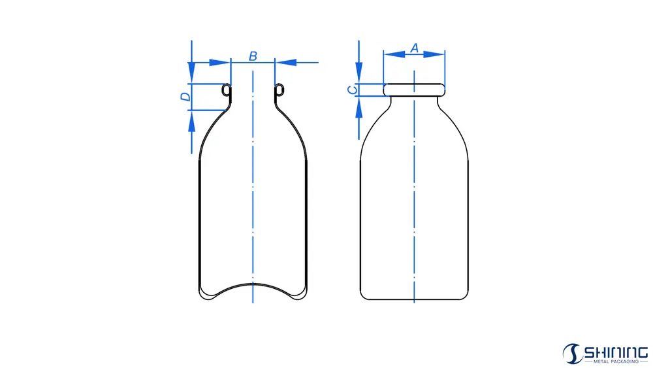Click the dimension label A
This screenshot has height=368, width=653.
[413, 48]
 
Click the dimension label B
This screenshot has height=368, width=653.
[253, 56]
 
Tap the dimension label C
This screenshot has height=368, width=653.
[351, 90]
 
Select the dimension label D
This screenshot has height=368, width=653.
[185, 97]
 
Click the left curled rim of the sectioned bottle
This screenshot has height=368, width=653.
[227, 91]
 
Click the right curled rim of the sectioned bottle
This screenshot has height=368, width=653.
[279, 91]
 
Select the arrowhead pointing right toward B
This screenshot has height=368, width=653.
[221, 63]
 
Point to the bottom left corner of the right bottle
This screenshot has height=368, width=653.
[362, 297]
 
